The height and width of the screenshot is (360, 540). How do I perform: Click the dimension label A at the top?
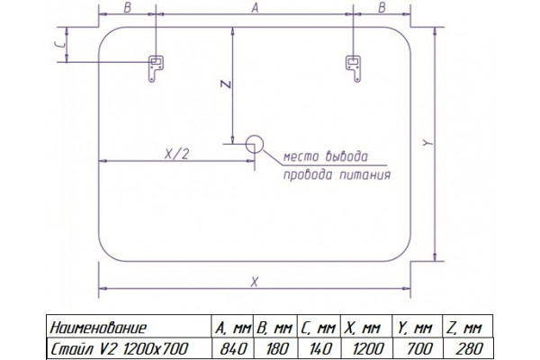255,7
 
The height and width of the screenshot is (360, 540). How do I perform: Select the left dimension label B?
128,7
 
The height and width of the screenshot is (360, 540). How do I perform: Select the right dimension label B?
382,7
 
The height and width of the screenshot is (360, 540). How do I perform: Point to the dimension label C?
60,45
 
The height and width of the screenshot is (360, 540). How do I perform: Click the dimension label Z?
226,84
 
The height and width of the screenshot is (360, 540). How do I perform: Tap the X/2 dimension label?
177,154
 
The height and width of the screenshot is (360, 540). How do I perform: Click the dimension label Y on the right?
427,142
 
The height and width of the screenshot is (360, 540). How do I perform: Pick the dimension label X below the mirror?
254,283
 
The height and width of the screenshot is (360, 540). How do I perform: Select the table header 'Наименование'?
98,328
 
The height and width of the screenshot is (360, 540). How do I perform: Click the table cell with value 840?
233,348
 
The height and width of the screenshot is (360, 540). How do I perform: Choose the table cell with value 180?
275,348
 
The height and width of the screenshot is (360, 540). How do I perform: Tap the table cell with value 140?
319,348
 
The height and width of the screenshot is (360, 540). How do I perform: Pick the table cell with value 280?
468,348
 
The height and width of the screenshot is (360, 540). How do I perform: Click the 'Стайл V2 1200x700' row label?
119,348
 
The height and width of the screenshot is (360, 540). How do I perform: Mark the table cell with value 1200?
366,348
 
